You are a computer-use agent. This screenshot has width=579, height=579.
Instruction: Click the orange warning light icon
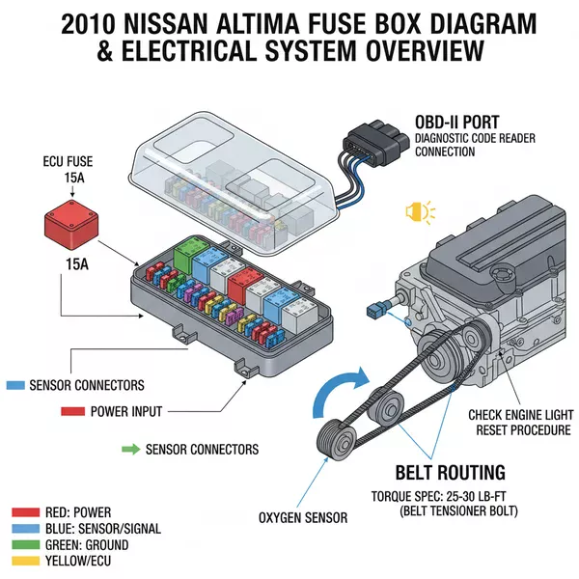pos(422,211)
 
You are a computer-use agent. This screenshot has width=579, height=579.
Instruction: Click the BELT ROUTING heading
pos(450,472)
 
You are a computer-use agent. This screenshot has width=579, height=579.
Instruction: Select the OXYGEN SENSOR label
pos(302,518)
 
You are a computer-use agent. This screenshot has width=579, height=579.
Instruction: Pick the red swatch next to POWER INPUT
pos(73,411)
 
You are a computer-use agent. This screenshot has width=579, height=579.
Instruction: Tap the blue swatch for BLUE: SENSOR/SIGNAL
pos(25,529)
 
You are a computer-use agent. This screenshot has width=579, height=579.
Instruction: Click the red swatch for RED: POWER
pos(25,511)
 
